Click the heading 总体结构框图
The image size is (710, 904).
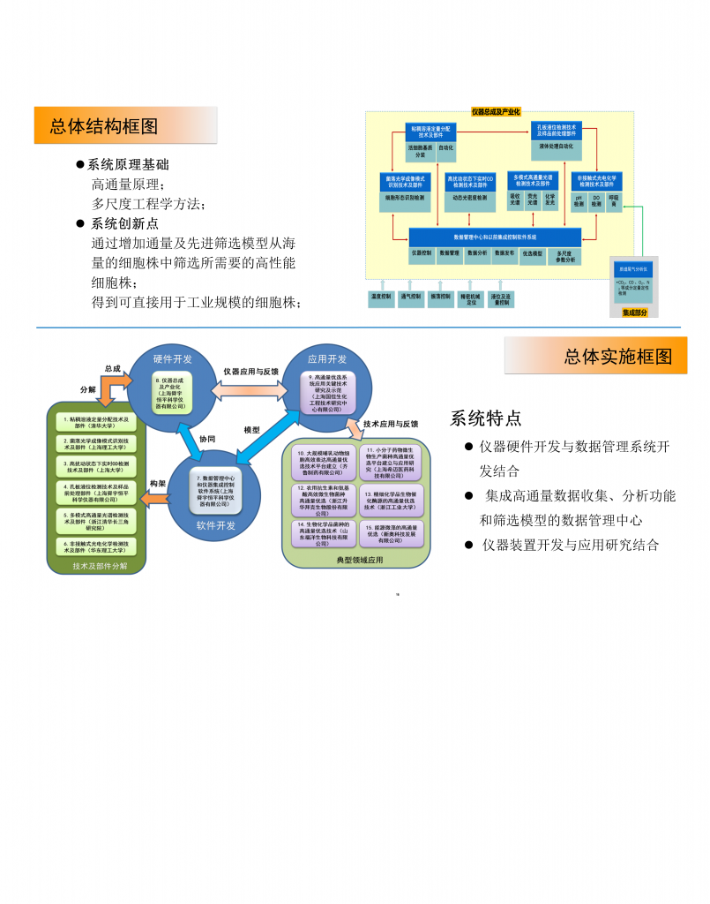pos(104,126)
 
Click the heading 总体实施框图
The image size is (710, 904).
pos(618,357)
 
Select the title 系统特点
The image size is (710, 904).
pos(486,418)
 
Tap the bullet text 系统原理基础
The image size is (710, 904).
pos(128,165)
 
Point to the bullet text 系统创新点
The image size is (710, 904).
pos(124,223)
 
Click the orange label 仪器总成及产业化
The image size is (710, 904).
pos(496,112)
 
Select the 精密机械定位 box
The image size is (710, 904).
pos(470,299)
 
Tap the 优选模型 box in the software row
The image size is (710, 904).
pos(532,252)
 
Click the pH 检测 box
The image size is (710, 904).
pos(579,202)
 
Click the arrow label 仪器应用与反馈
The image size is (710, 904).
pos(250,372)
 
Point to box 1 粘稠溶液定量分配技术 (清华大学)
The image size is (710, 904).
pos(97,421)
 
